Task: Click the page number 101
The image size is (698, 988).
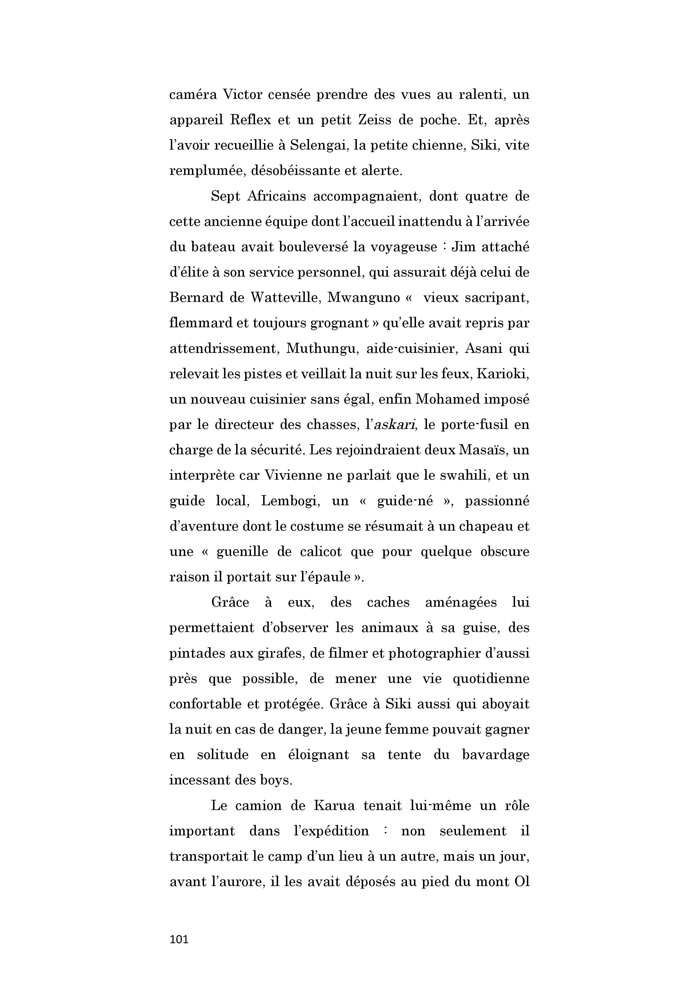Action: [x=179, y=939]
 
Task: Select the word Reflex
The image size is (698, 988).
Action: [x=251, y=120]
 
